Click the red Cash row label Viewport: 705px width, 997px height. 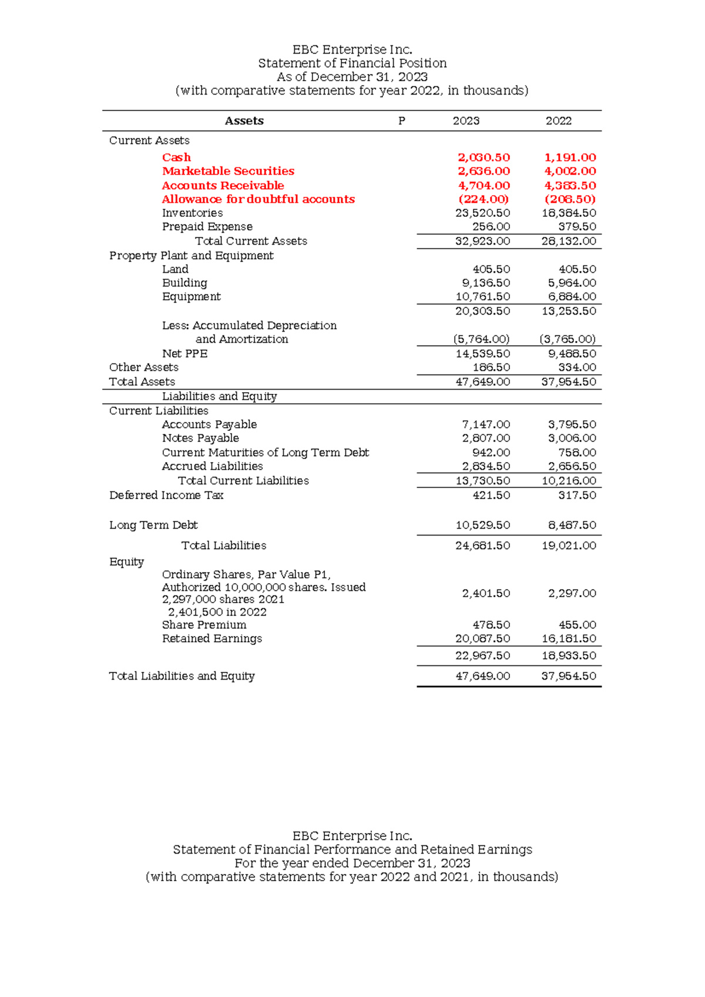coord(176,158)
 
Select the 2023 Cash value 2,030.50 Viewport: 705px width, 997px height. coord(484,158)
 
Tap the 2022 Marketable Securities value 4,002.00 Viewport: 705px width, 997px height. coord(570,171)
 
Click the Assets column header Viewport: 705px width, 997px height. coord(244,121)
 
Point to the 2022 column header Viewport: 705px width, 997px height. coord(558,121)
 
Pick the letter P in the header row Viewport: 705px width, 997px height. coord(402,121)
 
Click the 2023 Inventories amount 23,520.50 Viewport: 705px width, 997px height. coord(482,213)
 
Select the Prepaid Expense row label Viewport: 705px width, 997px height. coord(207,227)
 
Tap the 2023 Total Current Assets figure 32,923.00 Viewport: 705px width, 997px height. coord(482,241)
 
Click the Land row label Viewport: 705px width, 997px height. coord(175,269)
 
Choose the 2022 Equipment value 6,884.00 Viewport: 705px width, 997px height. coord(569,297)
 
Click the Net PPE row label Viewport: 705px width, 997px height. coord(184,354)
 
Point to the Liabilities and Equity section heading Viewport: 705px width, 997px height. coord(219,396)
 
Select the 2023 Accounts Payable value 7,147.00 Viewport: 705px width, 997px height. coord(486,424)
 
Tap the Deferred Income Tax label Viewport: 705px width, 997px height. coord(166,496)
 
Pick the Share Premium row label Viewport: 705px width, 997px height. coord(204,625)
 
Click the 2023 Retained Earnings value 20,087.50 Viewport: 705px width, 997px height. coord(482,638)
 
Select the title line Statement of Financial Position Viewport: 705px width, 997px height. coord(352,63)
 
